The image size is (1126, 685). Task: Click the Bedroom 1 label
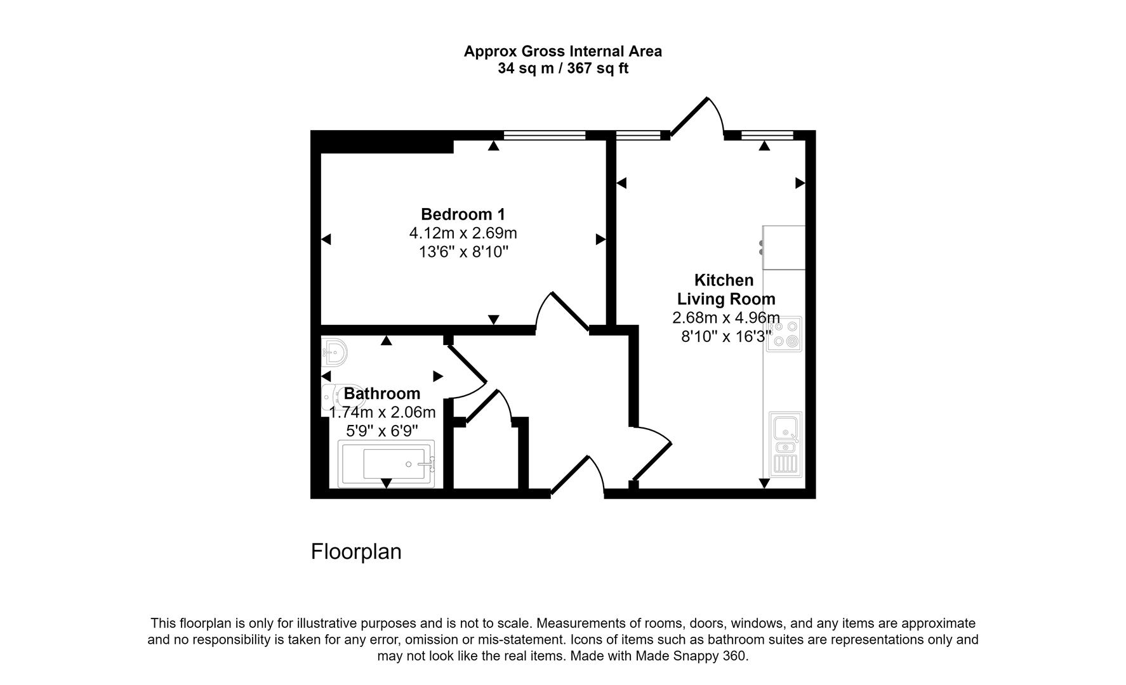point(463,214)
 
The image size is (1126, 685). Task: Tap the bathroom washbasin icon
point(334,352)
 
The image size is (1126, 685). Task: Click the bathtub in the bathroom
point(387,464)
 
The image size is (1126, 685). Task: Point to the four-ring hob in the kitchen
point(784,334)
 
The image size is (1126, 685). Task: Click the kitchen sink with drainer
point(785,444)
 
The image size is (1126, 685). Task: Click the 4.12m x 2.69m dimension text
point(463,233)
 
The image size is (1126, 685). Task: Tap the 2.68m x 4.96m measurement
point(725,317)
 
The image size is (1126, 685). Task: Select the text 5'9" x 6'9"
point(382,431)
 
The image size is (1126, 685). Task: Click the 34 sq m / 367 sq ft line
point(562,68)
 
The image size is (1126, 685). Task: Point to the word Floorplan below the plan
point(356,551)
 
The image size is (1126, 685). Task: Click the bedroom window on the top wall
point(544,135)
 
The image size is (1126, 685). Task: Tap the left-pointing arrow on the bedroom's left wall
point(326,239)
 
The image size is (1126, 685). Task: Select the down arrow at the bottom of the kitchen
point(764,483)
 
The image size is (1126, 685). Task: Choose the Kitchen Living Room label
point(725,289)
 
